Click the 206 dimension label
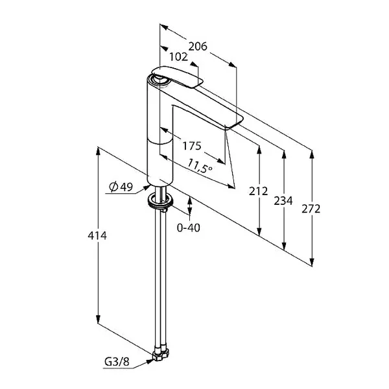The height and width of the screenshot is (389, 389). pos(198,47)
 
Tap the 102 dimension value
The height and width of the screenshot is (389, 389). pos(179,57)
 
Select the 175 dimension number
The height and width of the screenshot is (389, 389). pos(192,146)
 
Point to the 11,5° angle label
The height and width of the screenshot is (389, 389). pos(200,166)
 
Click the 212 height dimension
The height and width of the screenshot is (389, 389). pos(259,191)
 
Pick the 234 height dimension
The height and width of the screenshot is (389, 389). pos(283,201)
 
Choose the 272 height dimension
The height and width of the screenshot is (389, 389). pos(311,209)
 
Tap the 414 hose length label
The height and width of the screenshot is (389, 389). pos(97,235)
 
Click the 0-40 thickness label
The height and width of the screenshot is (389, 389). pos(189,228)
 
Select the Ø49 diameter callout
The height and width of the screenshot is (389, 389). pos(121,187)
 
